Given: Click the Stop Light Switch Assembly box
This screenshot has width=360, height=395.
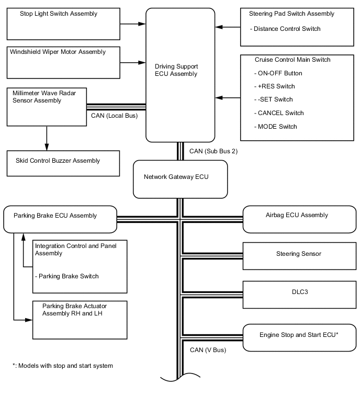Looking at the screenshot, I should (x=63, y=24).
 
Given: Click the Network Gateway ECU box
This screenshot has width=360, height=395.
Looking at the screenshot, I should (x=181, y=179).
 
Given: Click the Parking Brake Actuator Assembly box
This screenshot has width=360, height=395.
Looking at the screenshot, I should (x=80, y=320).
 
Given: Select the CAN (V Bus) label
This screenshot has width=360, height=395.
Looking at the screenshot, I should (x=208, y=350).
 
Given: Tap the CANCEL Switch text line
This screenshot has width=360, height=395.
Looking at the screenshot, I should (x=280, y=113).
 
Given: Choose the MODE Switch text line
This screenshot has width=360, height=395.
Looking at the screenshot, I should (x=277, y=127).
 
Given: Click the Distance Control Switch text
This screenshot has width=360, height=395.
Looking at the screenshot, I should (x=286, y=28).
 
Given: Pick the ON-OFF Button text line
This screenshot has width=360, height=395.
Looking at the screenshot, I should (x=280, y=73).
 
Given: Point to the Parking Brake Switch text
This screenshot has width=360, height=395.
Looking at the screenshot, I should (x=66, y=276).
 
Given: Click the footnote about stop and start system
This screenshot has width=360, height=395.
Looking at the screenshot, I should (x=63, y=366).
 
